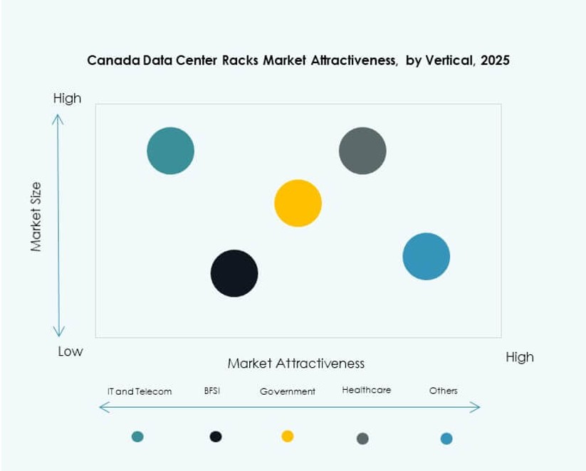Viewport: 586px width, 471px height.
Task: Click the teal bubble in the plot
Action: tap(170, 151)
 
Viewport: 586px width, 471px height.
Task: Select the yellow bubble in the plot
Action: tap(298, 203)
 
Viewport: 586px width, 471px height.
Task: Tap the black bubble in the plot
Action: tap(234, 273)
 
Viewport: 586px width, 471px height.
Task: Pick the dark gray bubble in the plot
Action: tap(362, 151)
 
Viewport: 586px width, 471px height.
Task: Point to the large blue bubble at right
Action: tap(426, 256)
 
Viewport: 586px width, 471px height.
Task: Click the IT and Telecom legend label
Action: tap(139, 391)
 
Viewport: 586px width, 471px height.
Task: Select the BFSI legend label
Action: tap(211, 391)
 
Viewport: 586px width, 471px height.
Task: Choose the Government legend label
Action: tap(287, 391)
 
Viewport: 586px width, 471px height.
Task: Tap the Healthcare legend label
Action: tap(366, 390)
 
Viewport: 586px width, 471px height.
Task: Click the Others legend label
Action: tap(443, 391)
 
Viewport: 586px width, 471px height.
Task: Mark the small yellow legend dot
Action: tap(288, 436)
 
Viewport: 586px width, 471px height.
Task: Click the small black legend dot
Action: tap(216, 436)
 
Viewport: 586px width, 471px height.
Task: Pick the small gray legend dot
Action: tap(362, 438)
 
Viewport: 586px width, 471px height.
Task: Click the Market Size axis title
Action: tap(36, 216)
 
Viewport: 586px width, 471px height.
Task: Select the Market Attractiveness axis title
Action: tap(295, 364)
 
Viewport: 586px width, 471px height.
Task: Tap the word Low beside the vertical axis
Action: tap(70, 351)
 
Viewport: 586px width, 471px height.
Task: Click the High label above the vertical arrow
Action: tap(67, 98)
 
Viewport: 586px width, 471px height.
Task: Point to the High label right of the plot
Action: tap(519, 357)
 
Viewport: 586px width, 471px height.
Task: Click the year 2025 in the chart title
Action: tap(495, 60)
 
